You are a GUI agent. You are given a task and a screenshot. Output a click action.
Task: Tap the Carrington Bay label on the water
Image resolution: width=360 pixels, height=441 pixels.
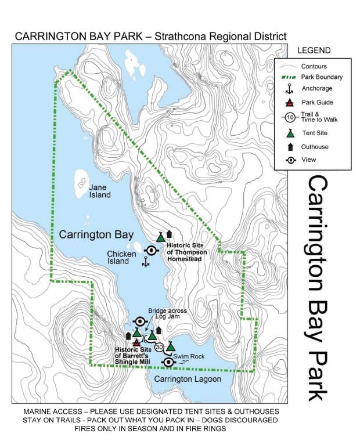96,234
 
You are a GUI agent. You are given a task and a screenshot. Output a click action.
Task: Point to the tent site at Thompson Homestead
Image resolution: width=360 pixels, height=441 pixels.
161,237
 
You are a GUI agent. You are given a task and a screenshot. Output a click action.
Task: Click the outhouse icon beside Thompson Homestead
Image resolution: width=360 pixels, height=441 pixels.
170,234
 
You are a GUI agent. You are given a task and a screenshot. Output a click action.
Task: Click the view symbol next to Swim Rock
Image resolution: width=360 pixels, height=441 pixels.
169,362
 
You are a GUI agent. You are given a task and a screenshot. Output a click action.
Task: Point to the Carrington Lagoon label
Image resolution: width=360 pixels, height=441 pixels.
188,379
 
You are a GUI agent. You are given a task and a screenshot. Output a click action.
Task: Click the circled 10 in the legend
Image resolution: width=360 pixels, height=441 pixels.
290,117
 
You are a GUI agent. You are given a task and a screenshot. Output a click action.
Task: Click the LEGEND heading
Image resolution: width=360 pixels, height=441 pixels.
314,50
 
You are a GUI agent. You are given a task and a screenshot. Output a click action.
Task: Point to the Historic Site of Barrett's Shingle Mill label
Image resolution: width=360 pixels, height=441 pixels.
132,356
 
